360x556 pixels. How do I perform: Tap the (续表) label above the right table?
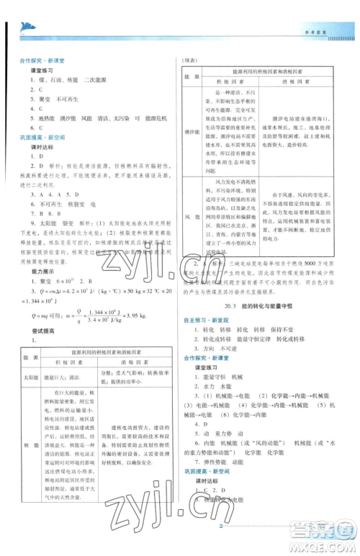pyautogui.click(x=189, y=61)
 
